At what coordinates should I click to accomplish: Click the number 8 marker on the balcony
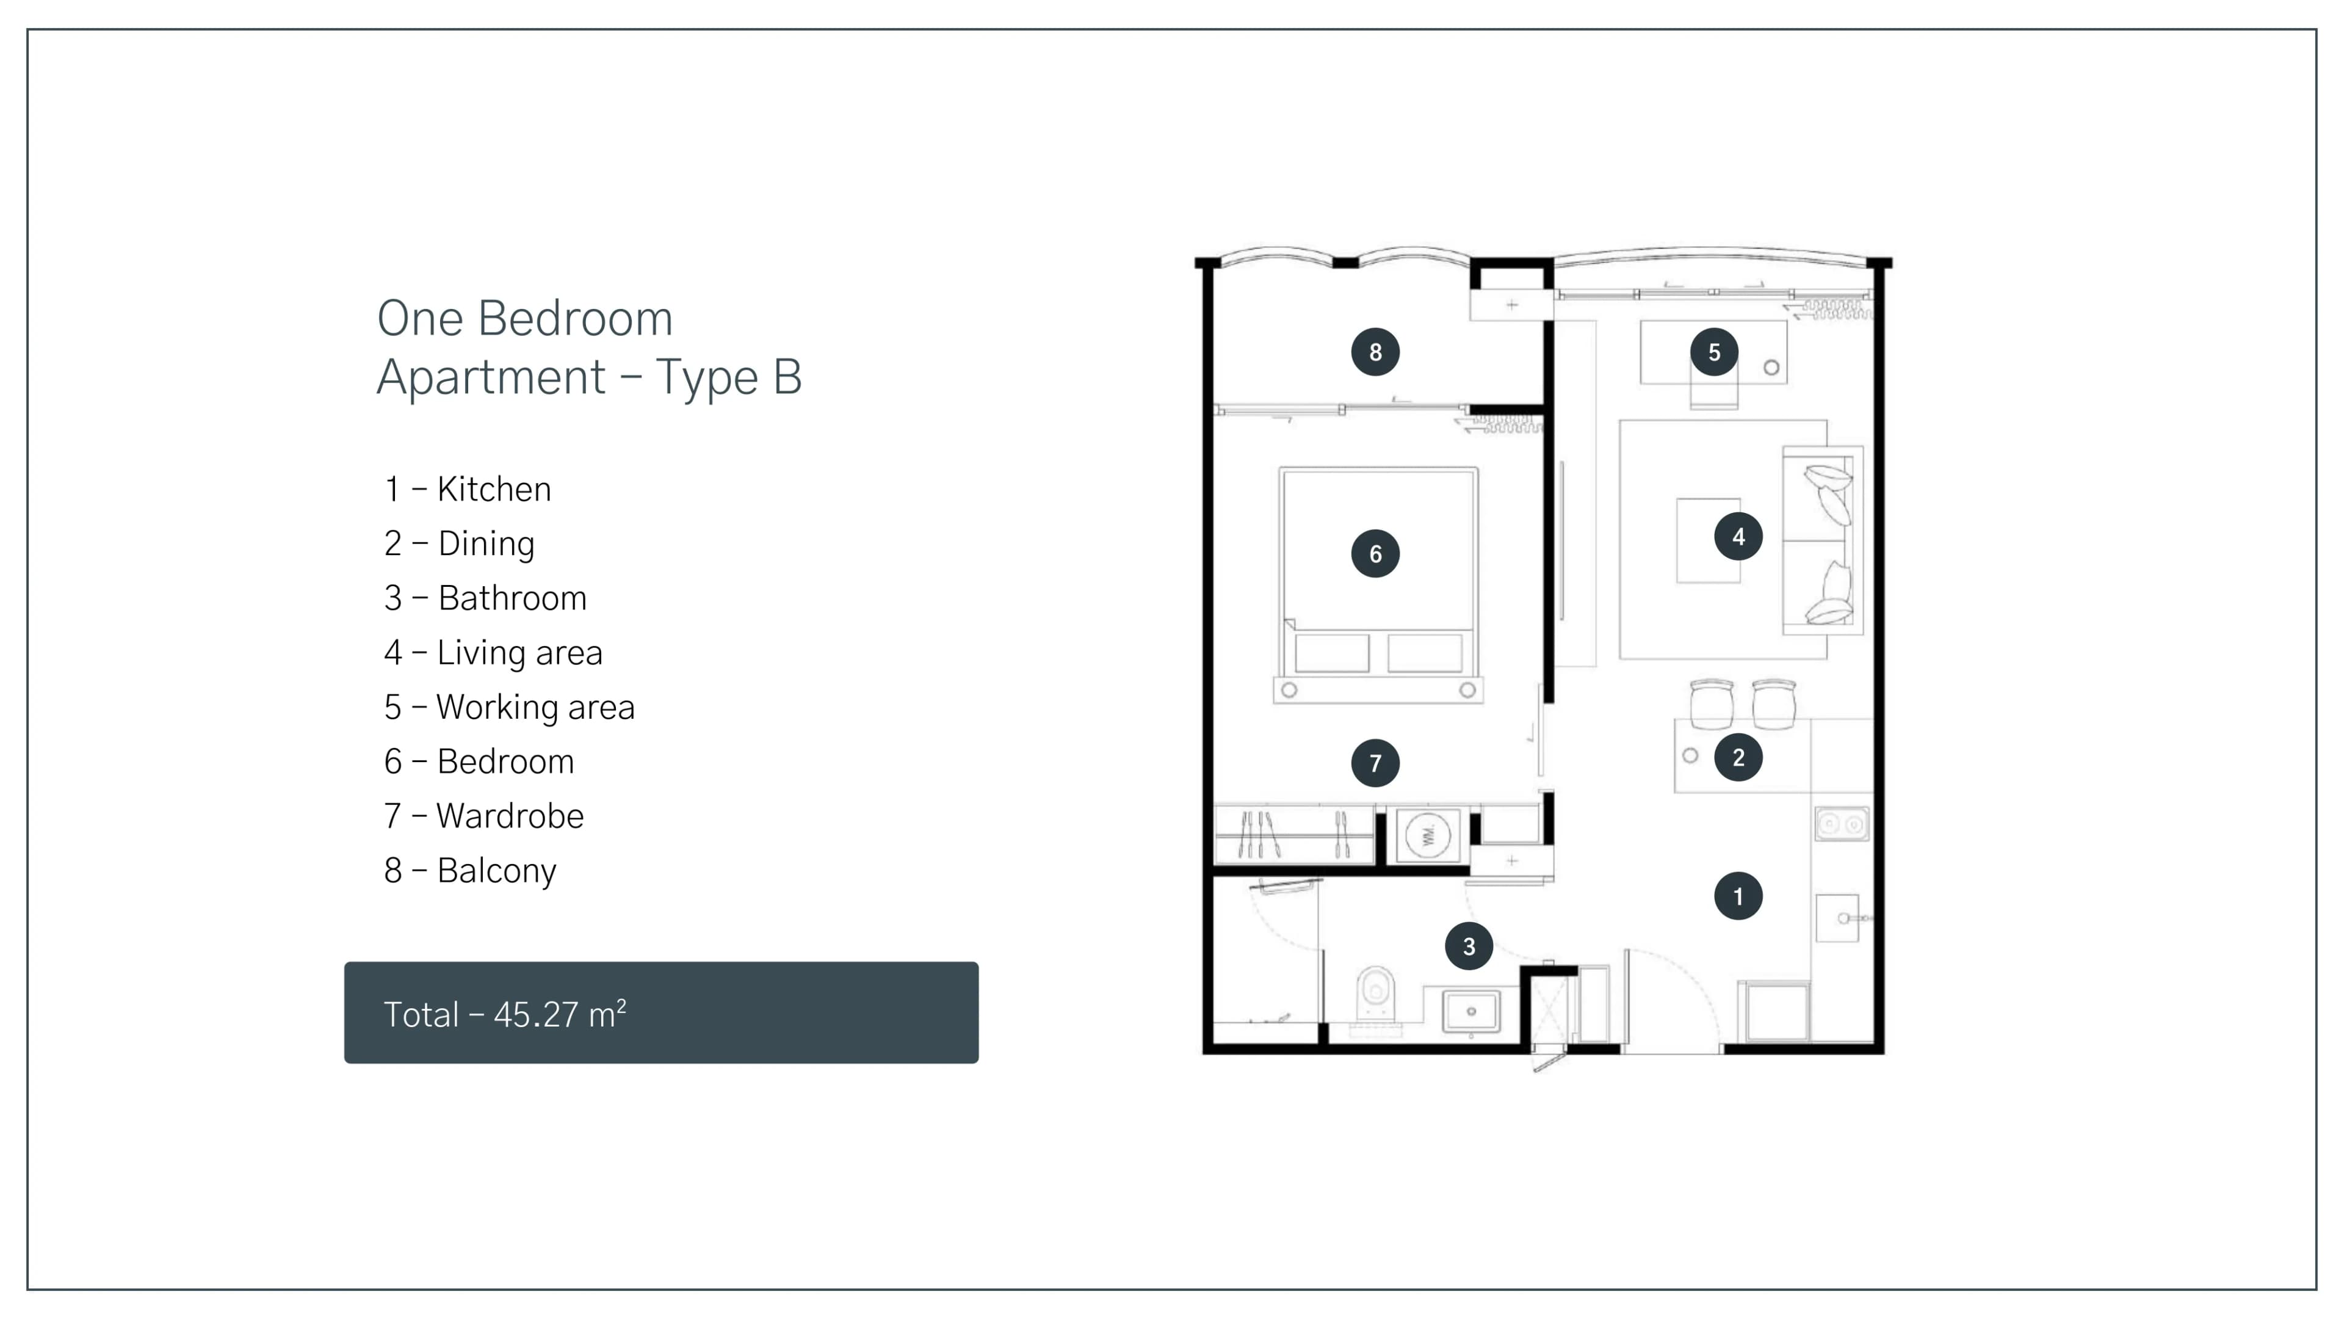pyautogui.click(x=1375, y=352)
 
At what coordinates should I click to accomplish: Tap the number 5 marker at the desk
pyautogui.click(x=1714, y=352)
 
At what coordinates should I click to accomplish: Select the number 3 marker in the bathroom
pyautogui.click(x=1469, y=947)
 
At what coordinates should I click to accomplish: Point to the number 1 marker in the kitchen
pyautogui.click(x=1738, y=896)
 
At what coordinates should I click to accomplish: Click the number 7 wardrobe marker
pyautogui.click(x=1375, y=763)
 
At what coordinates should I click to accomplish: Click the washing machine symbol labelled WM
pyautogui.click(x=1428, y=835)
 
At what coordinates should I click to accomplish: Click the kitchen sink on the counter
pyautogui.click(x=1838, y=918)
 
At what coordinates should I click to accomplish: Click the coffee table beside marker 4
pyautogui.click(x=1708, y=540)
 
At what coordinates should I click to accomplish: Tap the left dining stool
pyautogui.click(x=1712, y=703)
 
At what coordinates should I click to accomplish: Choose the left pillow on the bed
pyautogui.click(x=1332, y=653)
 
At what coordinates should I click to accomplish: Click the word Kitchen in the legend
pyautogui.click(x=494, y=490)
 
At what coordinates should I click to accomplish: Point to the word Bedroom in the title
pyautogui.click(x=575, y=319)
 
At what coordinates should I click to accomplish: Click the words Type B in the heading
pyautogui.click(x=728, y=377)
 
